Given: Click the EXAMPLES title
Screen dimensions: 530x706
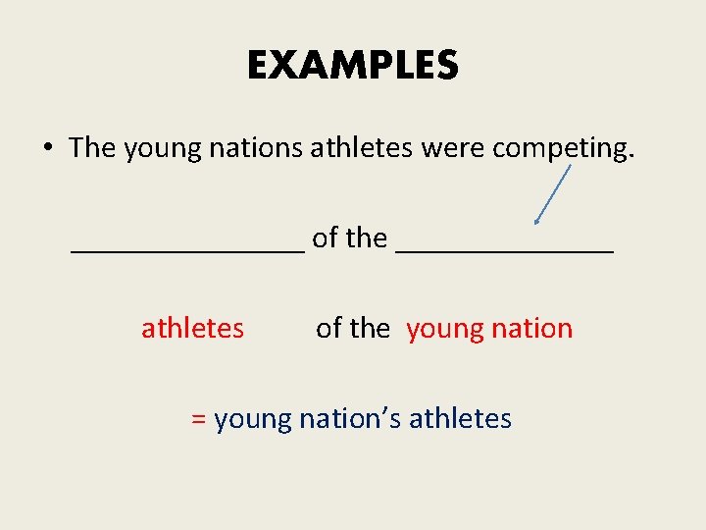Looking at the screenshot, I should [x=352, y=66].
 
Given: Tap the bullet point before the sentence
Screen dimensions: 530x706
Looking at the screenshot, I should [x=47, y=148].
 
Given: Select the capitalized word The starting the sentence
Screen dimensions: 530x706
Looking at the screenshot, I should [x=92, y=147].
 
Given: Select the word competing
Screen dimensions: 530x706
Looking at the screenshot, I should [x=563, y=149].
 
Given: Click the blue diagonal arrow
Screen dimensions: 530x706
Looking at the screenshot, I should [x=552, y=195].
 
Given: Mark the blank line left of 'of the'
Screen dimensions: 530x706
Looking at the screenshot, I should [x=188, y=251].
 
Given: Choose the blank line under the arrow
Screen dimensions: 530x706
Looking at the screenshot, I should [x=505, y=251].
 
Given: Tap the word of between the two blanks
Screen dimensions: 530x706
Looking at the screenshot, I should [x=325, y=238].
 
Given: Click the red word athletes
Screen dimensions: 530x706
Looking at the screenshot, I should [x=192, y=328].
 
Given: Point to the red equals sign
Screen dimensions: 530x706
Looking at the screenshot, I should [x=198, y=419].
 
